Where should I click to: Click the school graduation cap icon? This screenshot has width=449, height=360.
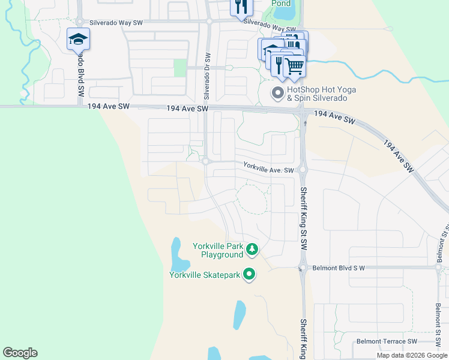coord(78,39)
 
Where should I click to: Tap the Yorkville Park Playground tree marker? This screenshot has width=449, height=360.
coord(253,249)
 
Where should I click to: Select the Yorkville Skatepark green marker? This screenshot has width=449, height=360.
coord(249,275)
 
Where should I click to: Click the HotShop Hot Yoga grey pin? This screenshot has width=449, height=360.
coord(277,93)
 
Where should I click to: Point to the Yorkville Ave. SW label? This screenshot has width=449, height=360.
coord(268,170)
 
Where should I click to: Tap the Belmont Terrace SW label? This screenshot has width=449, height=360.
coord(387,341)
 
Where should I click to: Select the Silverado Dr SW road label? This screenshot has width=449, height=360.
coord(207,77)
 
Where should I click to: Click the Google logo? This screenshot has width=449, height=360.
coord(20,353)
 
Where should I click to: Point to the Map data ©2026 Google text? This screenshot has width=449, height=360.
coord(412,355)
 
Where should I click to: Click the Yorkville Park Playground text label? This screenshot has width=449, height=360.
coord(217,250)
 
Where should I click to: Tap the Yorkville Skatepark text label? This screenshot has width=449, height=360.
coord(204,275)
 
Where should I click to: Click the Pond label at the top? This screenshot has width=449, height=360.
coord(281,3)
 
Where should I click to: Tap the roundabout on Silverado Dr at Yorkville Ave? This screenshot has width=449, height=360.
coord(205,161)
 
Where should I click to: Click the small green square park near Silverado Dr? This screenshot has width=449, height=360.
coord(180,67)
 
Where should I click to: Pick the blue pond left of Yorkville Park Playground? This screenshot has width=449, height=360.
coord(177,255)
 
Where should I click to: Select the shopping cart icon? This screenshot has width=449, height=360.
coord(294,65)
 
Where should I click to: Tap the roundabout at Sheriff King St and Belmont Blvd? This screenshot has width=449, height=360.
coord(303,268)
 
